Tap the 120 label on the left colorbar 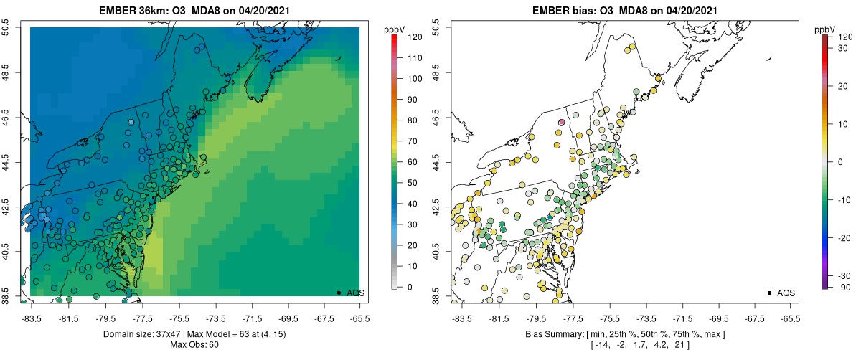click(x=412, y=37)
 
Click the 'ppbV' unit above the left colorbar click(x=395, y=29)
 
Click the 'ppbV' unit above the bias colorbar click(x=825, y=29)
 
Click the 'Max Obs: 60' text click(x=194, y=346)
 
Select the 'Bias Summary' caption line click(x=624, y=334)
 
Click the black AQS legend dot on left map click(x=339, y=293)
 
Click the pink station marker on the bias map click(x=562, y=123)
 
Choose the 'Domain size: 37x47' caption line click(x=194, y=334)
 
